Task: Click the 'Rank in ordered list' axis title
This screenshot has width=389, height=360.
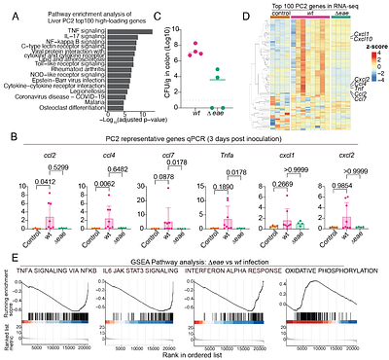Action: [x=199, y=353]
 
